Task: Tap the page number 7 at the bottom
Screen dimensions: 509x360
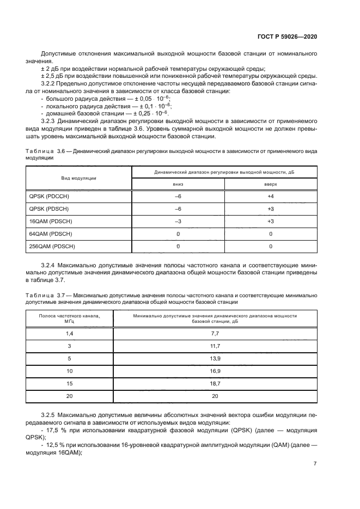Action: [315, 464]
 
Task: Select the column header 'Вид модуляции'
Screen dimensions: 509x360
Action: [79, 178]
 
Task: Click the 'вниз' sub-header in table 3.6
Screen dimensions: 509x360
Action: [178, 185]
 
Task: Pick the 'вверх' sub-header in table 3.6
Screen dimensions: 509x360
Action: [271, 185]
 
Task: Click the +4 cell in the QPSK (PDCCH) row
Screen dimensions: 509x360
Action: [271, 197]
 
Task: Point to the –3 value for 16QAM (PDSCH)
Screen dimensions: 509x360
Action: [178, 221]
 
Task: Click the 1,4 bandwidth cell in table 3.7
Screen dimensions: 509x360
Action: [69, 333]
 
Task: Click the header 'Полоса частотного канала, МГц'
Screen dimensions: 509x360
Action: [69, 318]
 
